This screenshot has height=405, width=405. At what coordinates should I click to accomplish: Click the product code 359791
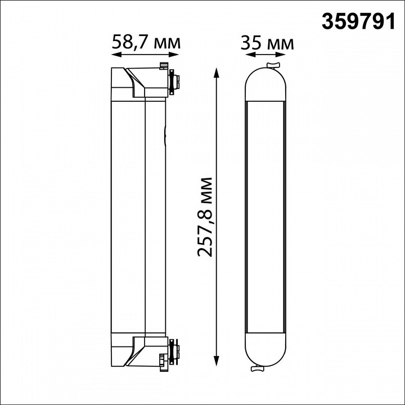click(358, 22)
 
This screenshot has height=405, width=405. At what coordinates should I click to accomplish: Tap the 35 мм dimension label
click(267, 43)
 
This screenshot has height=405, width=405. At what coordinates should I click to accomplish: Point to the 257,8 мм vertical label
click(204, 217)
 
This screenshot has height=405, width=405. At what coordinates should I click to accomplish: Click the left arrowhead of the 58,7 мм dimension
click(115, 55)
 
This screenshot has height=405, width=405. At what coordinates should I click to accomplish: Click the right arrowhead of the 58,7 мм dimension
click(175, 55)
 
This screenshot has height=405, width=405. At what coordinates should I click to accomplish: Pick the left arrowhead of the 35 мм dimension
click(249, 55)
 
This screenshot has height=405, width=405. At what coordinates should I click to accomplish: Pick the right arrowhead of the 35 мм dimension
click(282, 55)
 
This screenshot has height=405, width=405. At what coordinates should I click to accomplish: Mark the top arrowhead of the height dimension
click(217, 73)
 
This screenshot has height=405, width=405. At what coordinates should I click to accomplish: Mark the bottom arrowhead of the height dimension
click(217, 361)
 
